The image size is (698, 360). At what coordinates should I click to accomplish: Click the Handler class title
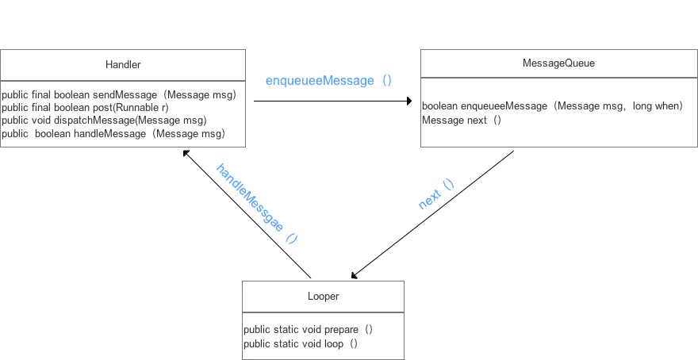[x=123, y=64]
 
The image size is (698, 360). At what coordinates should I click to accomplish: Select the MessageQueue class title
[x=558, y=63]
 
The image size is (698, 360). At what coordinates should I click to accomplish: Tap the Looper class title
[x=323, y=297]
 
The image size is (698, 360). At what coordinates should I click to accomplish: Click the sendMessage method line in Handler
[x=119, y=95]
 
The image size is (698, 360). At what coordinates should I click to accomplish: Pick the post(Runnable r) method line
[x=85, y=108]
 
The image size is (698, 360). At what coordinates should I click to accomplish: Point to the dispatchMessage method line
[x=104, y=121]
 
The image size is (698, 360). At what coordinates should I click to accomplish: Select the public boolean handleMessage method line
[x=113, y=133]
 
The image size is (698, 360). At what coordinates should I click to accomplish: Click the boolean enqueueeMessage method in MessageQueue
[x=552, y=106]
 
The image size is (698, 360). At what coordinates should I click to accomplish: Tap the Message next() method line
[x=462, y=121]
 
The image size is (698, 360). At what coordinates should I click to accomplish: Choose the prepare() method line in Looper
[x=308, y=330]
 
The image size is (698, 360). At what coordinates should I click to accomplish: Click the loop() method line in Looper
[x=301, y=344]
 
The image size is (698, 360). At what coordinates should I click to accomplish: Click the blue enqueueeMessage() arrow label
[x=328, y=81]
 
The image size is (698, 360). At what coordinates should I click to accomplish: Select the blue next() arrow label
[x=437, y=193]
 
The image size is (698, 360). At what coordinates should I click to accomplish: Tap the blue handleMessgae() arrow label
[x=256, y=203]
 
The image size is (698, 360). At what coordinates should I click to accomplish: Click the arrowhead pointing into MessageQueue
[x=409, y=101]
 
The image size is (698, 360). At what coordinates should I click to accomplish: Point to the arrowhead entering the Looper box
[x=355, y=275]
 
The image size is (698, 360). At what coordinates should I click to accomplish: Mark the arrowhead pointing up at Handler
[x=186, y=154]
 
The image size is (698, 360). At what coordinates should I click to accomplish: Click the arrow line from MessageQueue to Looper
[x=432, y=214]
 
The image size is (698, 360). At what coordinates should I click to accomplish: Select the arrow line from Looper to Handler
[x=247, y=214]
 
